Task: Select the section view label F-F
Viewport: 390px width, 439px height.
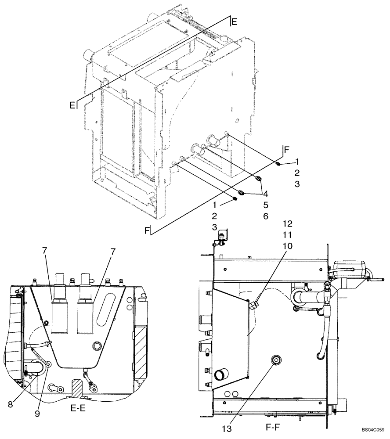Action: (x=273, y=426)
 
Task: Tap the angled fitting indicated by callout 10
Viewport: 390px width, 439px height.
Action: (x=253, y=304)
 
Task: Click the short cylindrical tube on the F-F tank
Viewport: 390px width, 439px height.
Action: (x=220, y=375)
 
